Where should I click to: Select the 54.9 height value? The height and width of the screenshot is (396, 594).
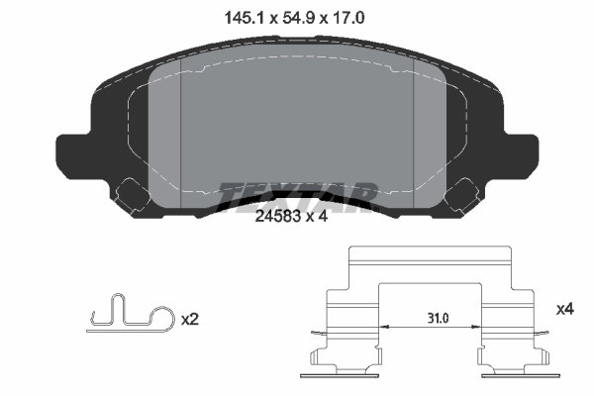297,16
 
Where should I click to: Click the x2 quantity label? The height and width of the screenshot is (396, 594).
192,321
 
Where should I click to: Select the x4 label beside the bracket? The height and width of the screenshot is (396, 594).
565,310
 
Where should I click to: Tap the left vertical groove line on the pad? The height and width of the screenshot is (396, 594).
182,129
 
